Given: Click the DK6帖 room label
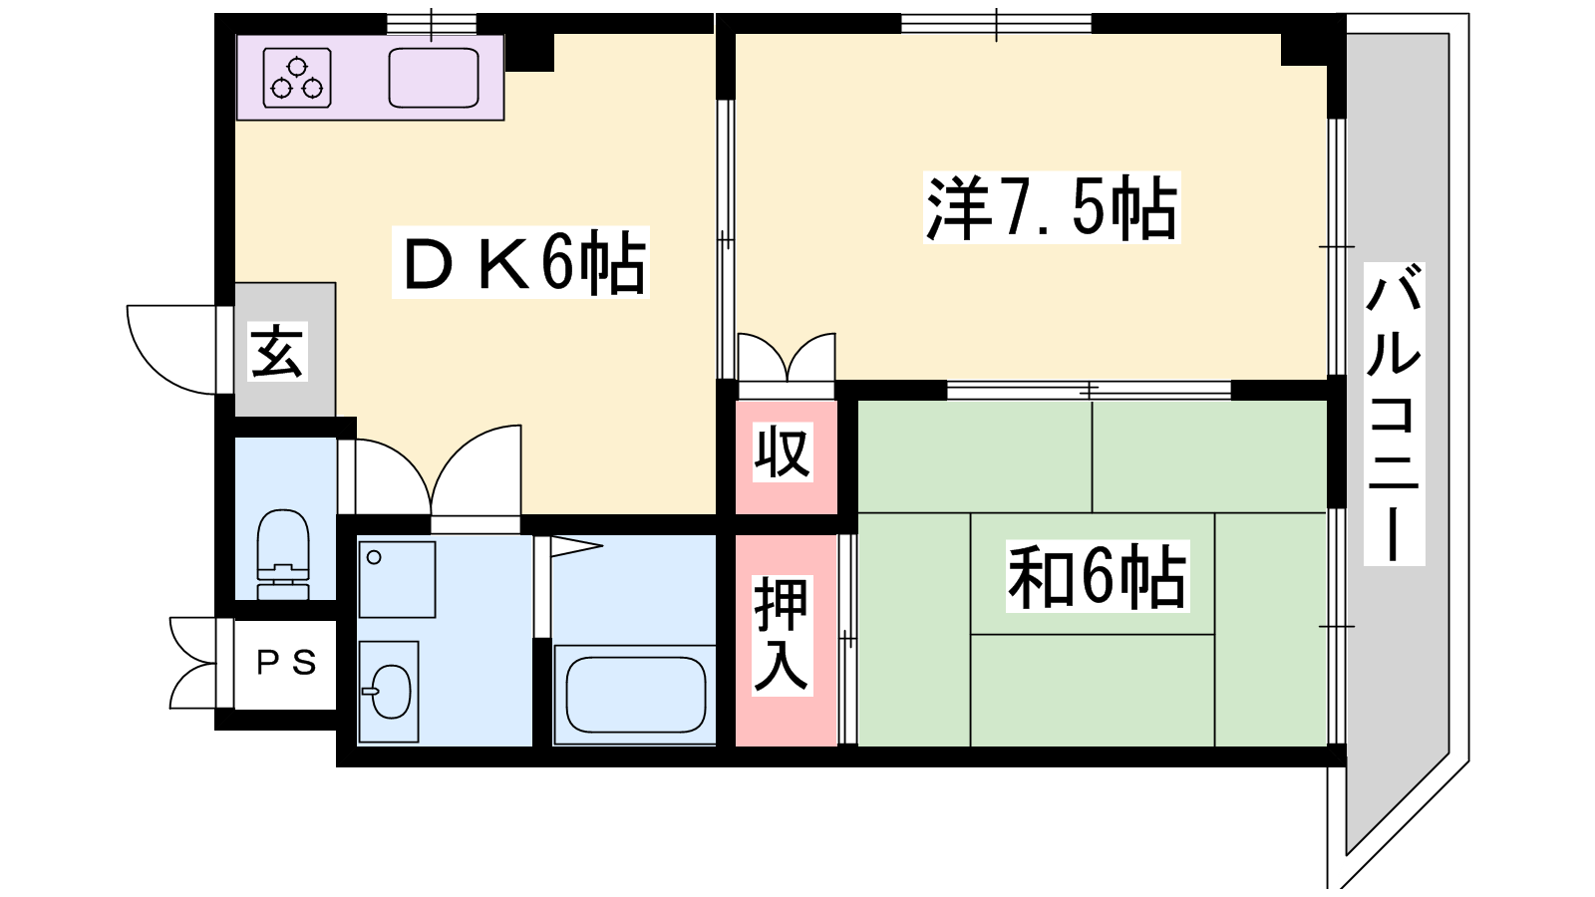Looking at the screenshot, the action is tap(520, 263).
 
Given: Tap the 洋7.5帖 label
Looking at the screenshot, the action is tap(1052, 207).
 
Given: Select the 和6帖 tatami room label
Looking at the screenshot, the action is tap(1098, 575).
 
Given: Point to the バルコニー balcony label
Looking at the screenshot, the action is tap(1394, 414).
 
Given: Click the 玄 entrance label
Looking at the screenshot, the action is tap(278, 351).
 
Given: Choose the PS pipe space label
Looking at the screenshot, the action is tap(286, 664).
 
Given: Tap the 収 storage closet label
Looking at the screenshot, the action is tap(784, 452).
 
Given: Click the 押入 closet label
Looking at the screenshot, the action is tap(783, 635).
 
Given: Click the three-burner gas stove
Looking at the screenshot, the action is tap(297, 78).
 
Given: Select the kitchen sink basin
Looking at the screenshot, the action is tap(434, 78).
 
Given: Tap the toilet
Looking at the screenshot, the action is tap(283, 554).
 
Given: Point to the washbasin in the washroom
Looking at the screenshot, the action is tap(389, 692).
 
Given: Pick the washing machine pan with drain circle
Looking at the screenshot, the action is tap(398, 579).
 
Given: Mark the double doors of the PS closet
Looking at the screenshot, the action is tap(193, 664).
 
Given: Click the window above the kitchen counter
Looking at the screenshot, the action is tap(432, 24).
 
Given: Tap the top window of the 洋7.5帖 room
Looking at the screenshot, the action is tap(996, 24).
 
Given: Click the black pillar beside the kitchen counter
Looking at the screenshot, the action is tap(529, 52).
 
